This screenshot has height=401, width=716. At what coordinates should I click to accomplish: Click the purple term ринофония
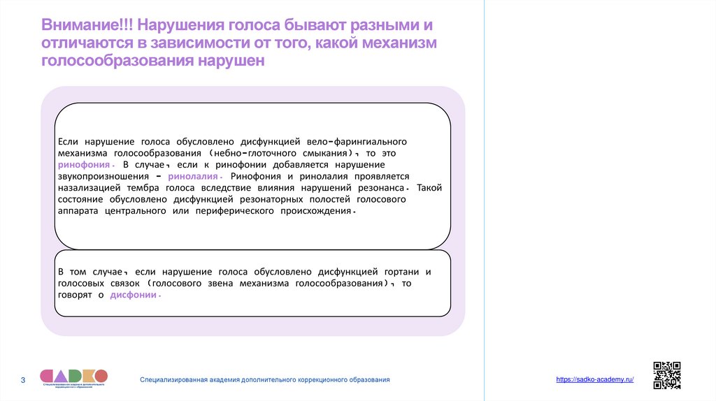(x=83, y=164)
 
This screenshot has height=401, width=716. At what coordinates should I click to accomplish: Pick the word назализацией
(x=90, y=188)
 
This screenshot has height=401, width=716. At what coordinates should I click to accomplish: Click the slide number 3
(x=22, y=380)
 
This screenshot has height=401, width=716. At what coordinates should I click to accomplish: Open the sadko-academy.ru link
(x=594, y=379)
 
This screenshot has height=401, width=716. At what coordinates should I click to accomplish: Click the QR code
(x=666, y=375)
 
